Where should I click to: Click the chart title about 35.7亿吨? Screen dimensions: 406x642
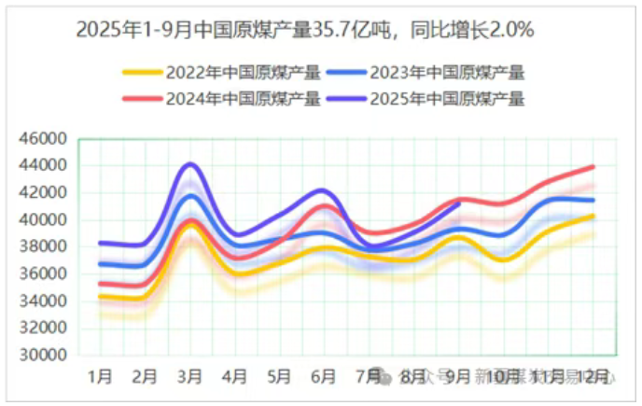pos(304,30)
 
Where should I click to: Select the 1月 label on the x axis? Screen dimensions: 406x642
pos(100,377)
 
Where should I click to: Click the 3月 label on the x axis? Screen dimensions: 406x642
pos(190,377)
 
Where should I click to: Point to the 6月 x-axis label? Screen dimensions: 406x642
pos(324,377)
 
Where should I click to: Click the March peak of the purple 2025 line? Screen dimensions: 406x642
pos(190,164)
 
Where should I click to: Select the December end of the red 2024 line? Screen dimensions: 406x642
pos(593,167)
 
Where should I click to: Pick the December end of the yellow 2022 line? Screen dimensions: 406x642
pos(593,216)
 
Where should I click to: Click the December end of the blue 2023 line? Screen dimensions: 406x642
pos(593,200)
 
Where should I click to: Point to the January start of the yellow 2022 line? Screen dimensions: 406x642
pos(100,297)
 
